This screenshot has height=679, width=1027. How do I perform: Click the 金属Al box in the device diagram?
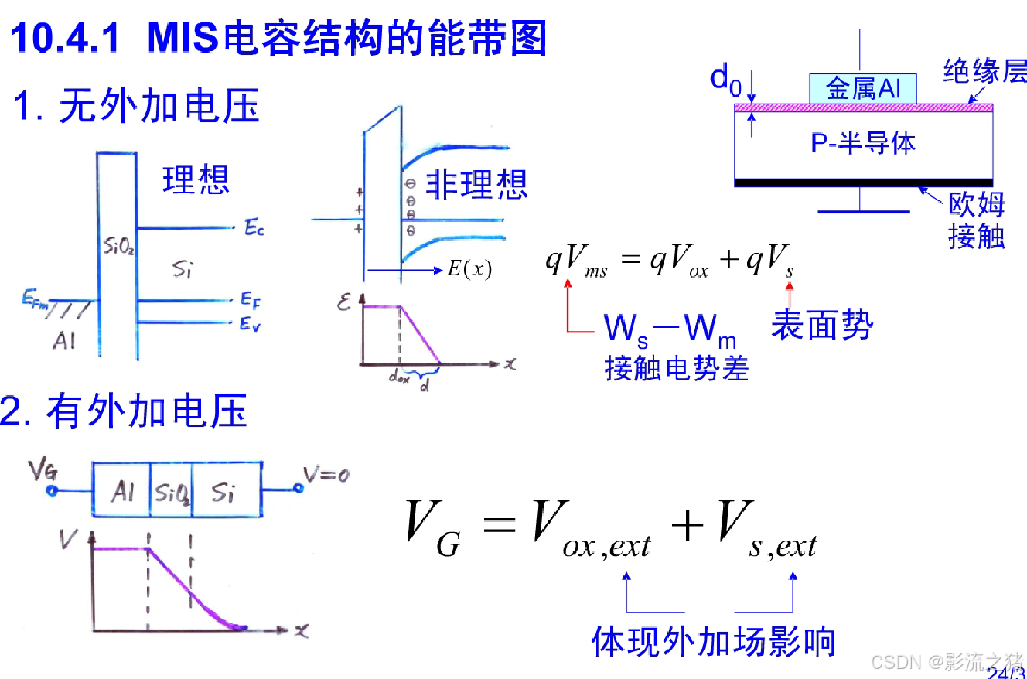863,88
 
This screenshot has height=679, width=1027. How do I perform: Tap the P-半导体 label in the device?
863,142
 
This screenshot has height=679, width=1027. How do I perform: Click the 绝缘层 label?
984,73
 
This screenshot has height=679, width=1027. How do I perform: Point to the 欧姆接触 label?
976,220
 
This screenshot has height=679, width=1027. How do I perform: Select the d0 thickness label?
726,78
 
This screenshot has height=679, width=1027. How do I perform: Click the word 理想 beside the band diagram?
196,179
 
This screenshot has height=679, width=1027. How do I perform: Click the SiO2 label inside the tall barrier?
118,247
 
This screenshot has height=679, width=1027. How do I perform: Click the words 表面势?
821,327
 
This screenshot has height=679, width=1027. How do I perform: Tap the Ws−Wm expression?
670,331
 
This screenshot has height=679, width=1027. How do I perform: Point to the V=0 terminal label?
325,475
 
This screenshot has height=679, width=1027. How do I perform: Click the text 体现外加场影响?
713,642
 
